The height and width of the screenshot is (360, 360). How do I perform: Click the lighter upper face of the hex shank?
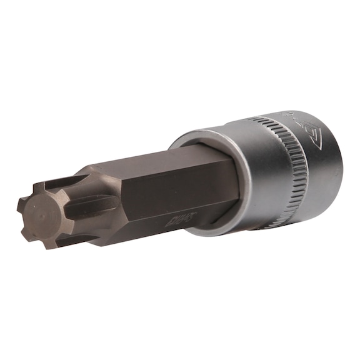pyautogui.click(x=169, y=171)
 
